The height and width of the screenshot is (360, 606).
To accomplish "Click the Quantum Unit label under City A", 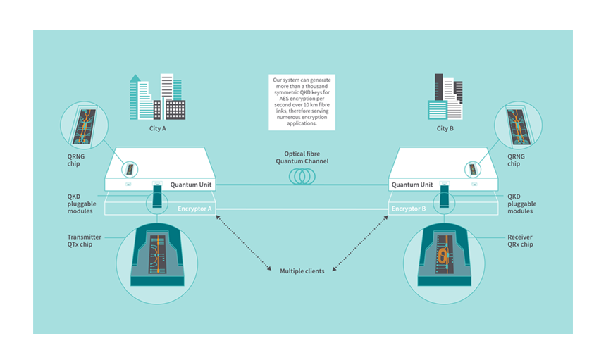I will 192,185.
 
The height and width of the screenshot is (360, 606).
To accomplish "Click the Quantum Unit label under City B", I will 412,185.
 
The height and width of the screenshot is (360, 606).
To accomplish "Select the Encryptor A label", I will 195,209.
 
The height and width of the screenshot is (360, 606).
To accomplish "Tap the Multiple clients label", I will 302,271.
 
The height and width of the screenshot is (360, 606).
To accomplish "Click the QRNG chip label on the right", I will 518,160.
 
